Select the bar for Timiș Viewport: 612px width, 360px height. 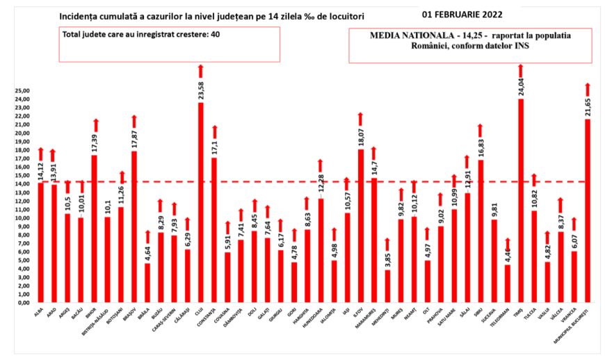pyautogui.click(x=521, y=202)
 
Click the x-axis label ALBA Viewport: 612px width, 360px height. pyautogui.click(x=38, y=313)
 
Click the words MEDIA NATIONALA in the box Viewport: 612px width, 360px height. pyautogui.click(x=410, y=35)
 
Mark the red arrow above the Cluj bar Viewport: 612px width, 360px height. pyautogui.click(x=201, y=70)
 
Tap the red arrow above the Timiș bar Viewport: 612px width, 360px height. pyautogui.click(x=521, y=69)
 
